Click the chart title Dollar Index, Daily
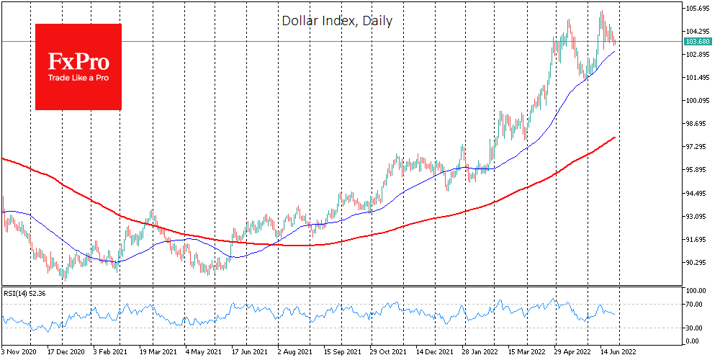click(x=336, y=21)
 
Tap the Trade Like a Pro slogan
click(x=78, y=78)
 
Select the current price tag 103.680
click(x=696, y=42)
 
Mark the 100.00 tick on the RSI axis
click(x=694, y=290)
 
